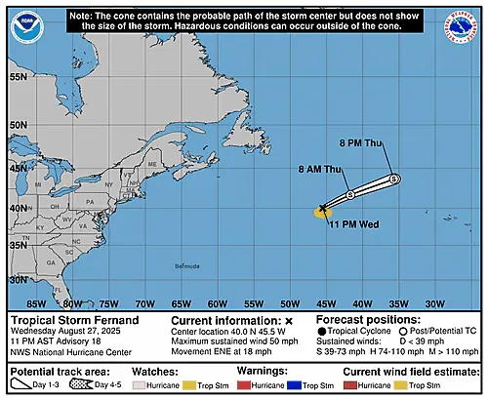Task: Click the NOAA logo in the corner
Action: click(21, 22)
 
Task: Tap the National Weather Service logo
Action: click(465, 23)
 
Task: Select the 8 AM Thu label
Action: click(319, 170)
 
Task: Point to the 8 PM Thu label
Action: click(360, 143)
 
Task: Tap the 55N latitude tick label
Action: click(19, 76)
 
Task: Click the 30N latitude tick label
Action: click(19, 280)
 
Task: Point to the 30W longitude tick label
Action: click(434, 302)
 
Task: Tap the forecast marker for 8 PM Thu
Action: click(393, 180)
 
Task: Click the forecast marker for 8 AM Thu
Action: click(349, 196)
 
